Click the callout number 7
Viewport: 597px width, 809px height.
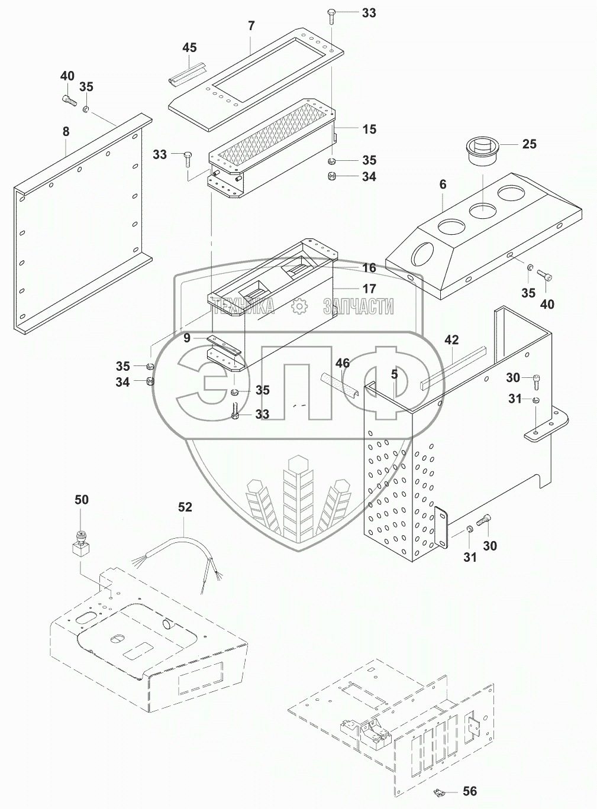tap(251, 26)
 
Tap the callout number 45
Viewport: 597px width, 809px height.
tap(189, 47)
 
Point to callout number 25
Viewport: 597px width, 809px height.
tap(529, 144)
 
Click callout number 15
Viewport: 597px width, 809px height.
tap(369, 130)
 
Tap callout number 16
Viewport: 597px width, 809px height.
tap(369, 268)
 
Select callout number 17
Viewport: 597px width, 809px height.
tap(369, 289)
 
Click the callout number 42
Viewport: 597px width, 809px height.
tap(451, 340)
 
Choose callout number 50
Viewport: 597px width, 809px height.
tap(81, 500)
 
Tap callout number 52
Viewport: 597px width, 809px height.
tap(185, 507)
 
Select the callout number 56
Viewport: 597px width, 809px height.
tap(470, 791)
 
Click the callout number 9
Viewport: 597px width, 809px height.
tap(187, 338)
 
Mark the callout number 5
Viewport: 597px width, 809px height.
tap(394, 374)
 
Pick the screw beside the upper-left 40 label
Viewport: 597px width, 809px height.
tap(69, 101)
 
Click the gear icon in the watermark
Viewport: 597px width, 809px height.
tap(299, 306)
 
